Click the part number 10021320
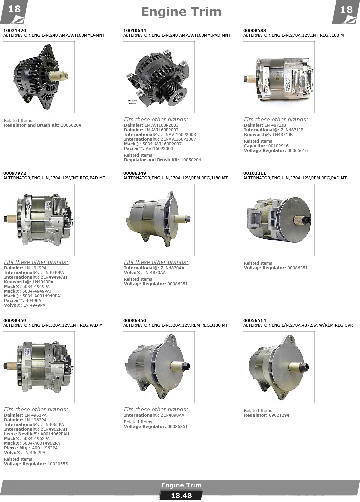tap(15, 30)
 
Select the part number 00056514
tap(255, 320)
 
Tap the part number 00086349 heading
tap(134, 173)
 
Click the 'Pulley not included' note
tap(132, 102)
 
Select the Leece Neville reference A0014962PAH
tap(55, 434)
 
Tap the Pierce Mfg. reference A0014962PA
tap(45, 448)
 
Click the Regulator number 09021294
tap(279, 415)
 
